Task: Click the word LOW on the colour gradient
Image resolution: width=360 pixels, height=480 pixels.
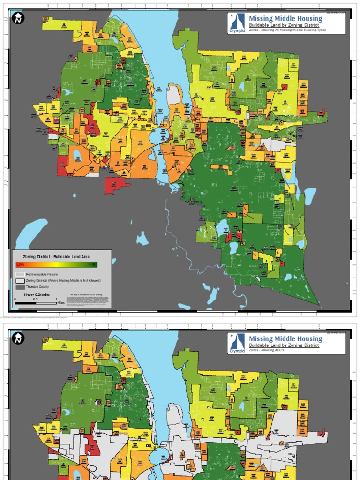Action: (20, 265)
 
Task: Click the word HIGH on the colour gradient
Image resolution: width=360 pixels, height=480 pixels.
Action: (92, 265)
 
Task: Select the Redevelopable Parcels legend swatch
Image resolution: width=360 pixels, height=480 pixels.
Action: (20, 274)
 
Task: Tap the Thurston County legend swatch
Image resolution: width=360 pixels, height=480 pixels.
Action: (20, 286)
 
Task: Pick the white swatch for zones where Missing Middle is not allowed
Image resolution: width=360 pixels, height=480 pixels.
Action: (20, 280)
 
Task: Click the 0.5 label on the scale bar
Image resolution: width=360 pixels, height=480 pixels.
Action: (35, 299)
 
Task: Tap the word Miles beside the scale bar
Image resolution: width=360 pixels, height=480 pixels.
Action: (61, 303)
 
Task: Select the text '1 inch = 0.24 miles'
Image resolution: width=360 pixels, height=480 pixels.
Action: (37, 294)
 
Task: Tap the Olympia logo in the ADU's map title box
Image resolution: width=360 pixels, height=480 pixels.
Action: (237, 344)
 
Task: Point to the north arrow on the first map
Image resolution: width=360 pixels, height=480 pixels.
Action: (18, 18)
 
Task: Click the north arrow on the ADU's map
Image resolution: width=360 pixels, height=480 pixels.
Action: (18, 338)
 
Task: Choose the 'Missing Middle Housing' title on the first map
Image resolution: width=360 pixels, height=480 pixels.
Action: (285, 19)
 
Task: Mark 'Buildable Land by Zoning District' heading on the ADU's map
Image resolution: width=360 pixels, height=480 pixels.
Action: (284, 345)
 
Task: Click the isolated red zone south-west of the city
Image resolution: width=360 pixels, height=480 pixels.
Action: (116, 185)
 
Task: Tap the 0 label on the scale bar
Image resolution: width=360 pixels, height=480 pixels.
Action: (15, 299)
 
